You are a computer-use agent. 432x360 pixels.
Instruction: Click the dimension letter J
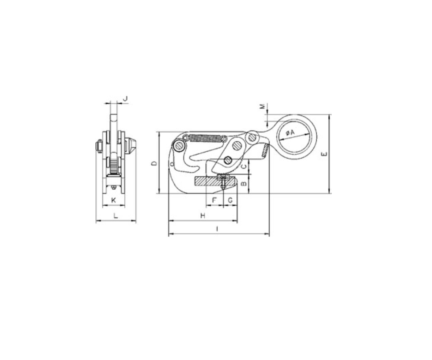click(x=125, y=99)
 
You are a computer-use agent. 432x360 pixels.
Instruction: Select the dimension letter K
click(x=114, y=200)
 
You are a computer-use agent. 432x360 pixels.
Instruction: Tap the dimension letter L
click(x=116, y=215)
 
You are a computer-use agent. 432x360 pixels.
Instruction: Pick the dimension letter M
click(x=263, y=106)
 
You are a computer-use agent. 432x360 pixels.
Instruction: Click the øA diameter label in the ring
click(x=290, y=133)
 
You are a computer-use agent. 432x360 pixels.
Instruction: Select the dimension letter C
click(x=244, y=166)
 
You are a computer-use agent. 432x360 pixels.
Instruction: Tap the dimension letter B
click(x=244, y=183)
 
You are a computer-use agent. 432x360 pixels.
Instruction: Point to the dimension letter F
click(x=215, y=200)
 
